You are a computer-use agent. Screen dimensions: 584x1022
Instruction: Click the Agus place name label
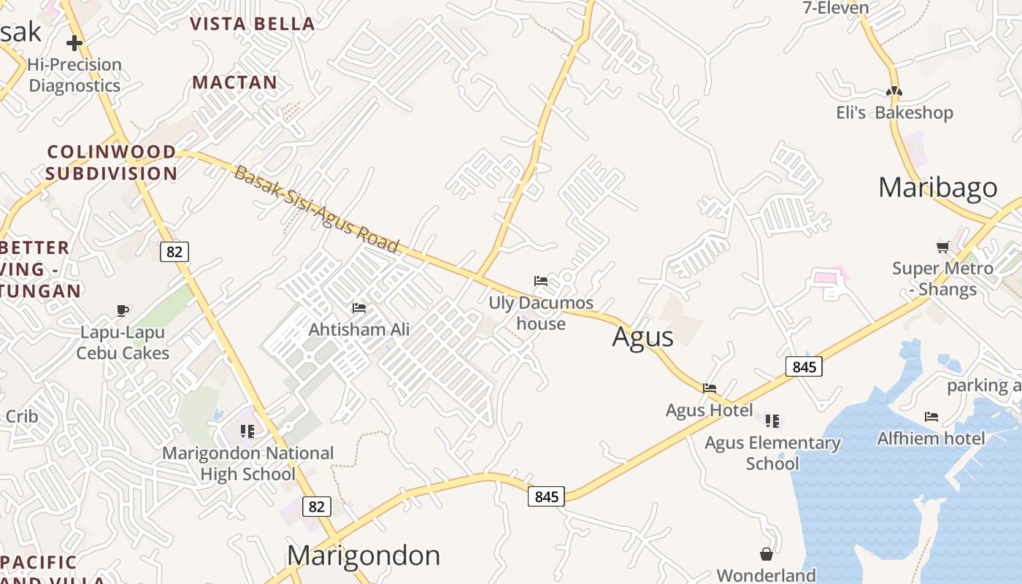click(x=642, y=337)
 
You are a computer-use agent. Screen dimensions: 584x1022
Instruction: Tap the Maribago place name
click(x=937, y=188)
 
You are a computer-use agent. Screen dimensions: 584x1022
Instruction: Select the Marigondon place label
click(x=364, y=556)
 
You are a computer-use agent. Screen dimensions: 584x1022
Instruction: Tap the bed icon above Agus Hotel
click(x=709, y=388)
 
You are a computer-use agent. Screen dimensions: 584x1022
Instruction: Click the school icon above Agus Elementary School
click(x=772, y=420)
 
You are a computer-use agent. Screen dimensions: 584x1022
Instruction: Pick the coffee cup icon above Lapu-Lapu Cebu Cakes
click(x=123, y=311)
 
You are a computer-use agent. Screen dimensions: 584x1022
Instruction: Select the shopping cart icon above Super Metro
click(x=942, y=247)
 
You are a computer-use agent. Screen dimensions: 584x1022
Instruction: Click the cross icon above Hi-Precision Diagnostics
click(x=74, y=43)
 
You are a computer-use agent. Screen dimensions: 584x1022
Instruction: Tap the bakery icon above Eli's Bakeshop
click(x=894, y=91)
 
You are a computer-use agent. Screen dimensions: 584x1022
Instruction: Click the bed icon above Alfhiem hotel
click(x=931, y=417)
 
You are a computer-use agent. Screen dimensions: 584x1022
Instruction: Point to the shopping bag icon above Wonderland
click(x=766, y=554)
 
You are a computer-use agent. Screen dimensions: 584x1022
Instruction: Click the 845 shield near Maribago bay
click(x=804, y=366)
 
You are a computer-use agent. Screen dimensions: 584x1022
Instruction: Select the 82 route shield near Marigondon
click(x=316, y=507)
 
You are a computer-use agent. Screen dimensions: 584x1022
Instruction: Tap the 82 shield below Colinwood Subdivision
click(x=174, y=252)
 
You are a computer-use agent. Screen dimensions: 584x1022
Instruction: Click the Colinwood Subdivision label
click(x=112, y=163)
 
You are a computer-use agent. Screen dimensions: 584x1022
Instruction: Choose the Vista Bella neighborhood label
click(x=253, y=24)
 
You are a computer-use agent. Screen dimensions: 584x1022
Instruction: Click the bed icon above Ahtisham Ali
click(x=358, y=308)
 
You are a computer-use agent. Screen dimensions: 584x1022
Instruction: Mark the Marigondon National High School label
click(x=247, y=464)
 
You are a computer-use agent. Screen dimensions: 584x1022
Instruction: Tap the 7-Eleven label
click(x=835, y=8)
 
